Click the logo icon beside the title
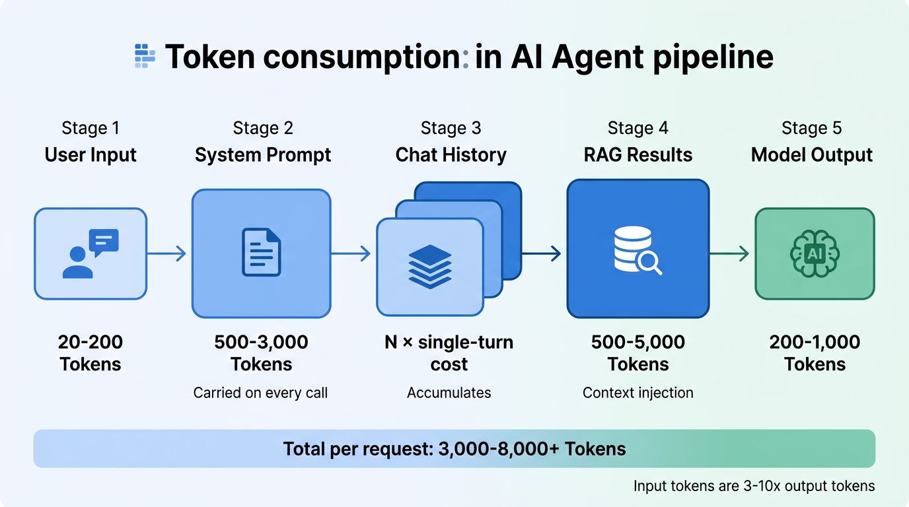click(145, 57)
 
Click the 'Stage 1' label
click(90, 127)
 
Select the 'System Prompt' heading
click(262, 155)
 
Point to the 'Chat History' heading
click(451, 155)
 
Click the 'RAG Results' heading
click(637, 155)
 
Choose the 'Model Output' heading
click(812, 155)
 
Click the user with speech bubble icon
click(91, 253)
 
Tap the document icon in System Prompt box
click(261, 252)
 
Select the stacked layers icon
click(429, 267)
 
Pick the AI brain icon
click(814, 253)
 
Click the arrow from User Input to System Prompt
click(166, 253)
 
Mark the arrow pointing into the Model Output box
click(730, 253)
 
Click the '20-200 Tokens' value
click(91, 353)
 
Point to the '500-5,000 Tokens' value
click(637, 353)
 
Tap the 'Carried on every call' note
click(260, 393)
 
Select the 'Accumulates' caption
click(449, 393)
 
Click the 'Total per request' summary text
click(454, 449)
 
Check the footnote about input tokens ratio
click(754, 486)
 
